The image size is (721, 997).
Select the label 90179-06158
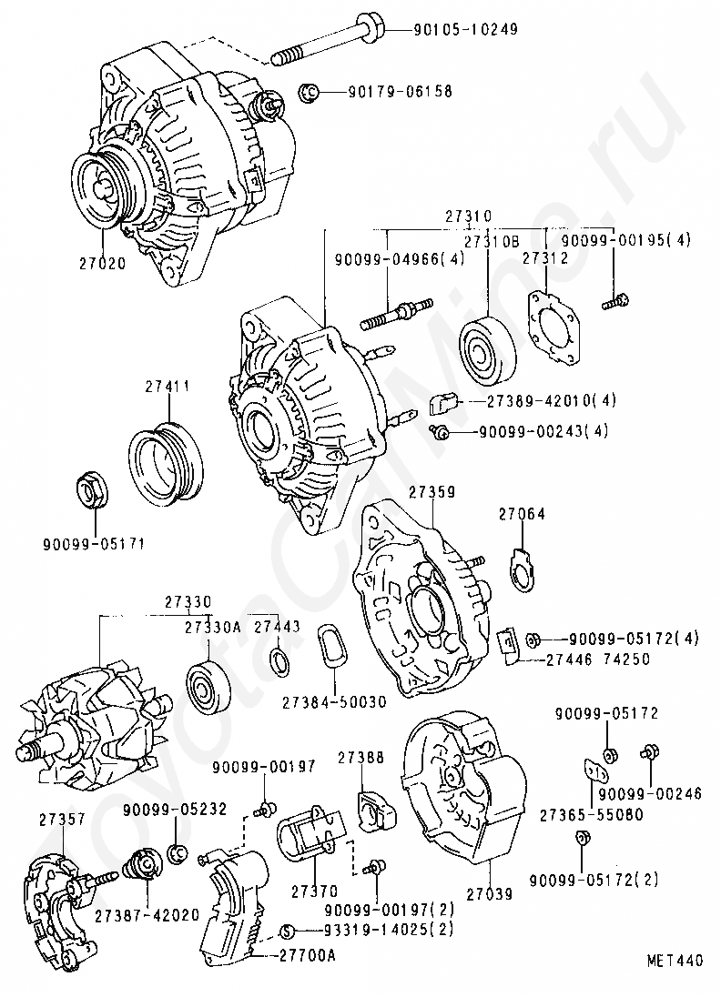(401, 92)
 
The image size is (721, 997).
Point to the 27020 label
(103, 263)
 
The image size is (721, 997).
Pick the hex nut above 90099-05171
(94, 490)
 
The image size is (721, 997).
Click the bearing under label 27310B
(485, 349)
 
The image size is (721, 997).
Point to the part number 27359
(432, 492)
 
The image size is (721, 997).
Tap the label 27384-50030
(335, 702)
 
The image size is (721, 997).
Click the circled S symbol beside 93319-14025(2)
(288, 932)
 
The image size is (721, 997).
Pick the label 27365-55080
(591, 814)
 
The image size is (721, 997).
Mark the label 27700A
(308, 956)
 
